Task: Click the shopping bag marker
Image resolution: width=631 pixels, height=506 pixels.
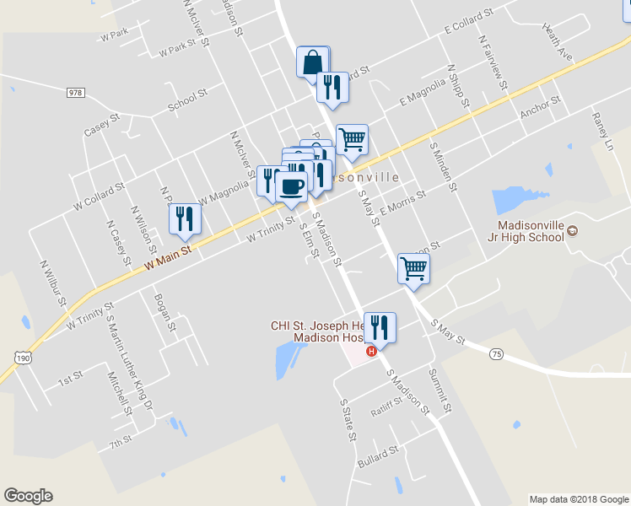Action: click(312, 62)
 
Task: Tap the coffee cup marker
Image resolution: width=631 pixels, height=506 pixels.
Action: click(291, 187)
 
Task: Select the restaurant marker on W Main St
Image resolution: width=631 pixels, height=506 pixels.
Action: click(183, 219)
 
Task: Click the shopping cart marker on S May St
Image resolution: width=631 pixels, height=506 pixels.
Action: click(413, 268)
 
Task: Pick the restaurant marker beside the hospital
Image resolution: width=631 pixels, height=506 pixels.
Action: click(380, 328)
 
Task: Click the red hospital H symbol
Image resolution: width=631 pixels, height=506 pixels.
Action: click(371, 350)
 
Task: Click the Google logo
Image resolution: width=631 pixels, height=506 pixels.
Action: click(28, 496)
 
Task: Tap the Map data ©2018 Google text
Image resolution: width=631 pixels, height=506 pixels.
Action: click(579, 499)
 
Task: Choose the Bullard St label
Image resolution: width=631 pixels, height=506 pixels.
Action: click(377, 455)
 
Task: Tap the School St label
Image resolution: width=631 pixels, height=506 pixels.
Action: click(181, 101)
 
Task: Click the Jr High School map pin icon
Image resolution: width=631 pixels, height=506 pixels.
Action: click(573, 231)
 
